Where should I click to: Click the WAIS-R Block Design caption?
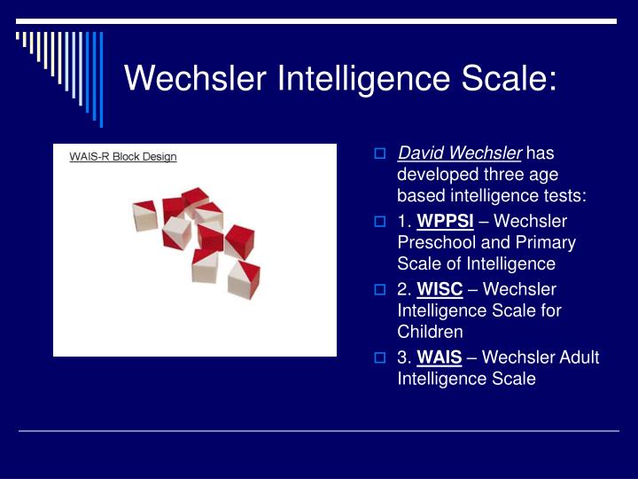(x=123, y=157)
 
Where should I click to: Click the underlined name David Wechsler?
(x=460, y=153)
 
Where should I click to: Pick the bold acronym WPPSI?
(x=445, y=221)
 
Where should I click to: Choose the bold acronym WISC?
(x=440, y=289)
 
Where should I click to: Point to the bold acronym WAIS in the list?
(x=440, y=357)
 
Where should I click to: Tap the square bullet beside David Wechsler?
(x=379, y=154)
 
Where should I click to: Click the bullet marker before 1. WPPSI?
(x=379, y=222)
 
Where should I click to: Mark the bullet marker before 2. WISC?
(x=379, y=290)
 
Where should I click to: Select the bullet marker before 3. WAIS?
(x=379, y=358)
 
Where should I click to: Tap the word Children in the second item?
(x=430, y=332)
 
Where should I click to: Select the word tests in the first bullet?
(x=564, y=195)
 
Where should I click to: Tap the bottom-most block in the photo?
(x=243, y=279)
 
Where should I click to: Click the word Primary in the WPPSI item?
(x=546, y=242)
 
